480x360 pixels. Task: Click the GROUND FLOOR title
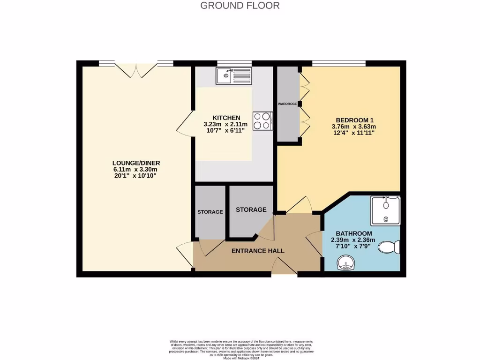(240, 6)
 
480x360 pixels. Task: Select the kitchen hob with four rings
(262, 120)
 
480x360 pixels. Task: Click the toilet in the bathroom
(390, 247)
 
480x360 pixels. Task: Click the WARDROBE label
(287, 104)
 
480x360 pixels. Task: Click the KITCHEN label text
(226, 118)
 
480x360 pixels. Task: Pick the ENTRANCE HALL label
(258, 251)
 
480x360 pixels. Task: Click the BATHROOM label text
(354, 233)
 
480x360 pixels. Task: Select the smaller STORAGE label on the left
(210, 212)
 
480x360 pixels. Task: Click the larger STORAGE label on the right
(251, 210)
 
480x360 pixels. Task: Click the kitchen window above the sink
(234, 63)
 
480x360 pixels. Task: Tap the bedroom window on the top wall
(339, 63)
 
